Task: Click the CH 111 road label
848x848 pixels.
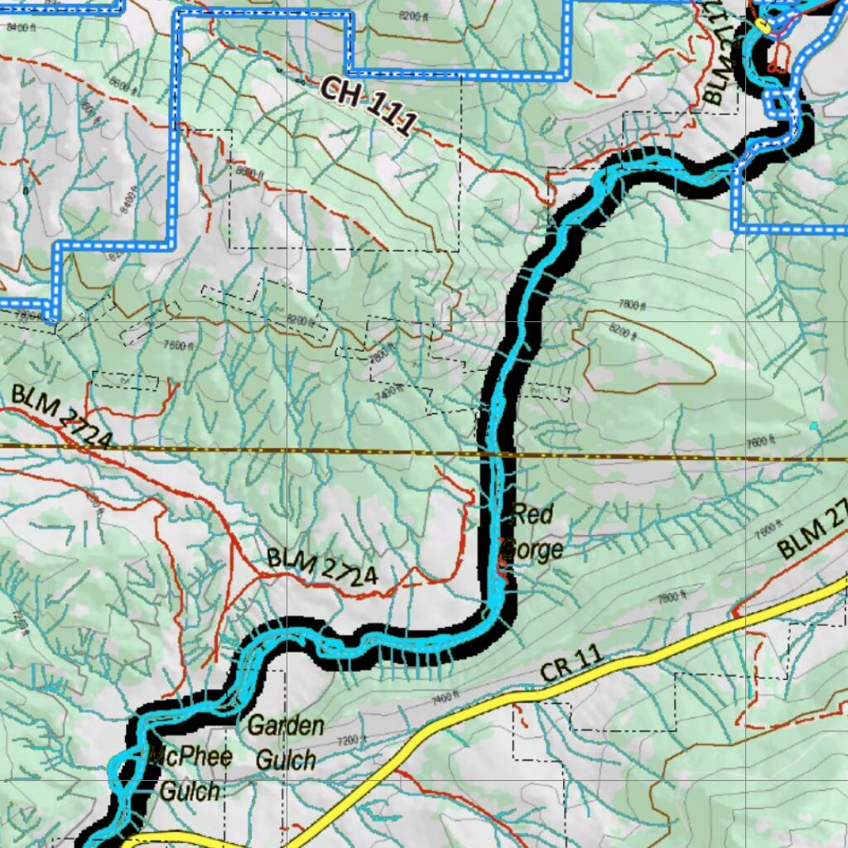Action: coord(365,104)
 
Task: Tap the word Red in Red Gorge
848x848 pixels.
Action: coord(532,514)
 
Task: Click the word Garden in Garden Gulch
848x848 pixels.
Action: coord(286,727)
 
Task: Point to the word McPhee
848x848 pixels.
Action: coord(191,756)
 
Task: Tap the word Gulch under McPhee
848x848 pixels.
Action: coord(190,792)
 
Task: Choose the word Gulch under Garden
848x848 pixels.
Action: coord(286,759)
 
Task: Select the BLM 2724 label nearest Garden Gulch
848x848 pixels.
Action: coord(322,568)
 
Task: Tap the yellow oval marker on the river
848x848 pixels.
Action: coord(763,26)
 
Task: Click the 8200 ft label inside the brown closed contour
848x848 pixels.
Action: coord(624,332)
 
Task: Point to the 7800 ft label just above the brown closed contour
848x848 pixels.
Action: coord(631,306)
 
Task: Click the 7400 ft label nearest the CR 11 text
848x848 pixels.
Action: coord(445,698)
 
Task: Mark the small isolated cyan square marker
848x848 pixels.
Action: coord(814,426)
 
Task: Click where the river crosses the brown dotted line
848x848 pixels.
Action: coord(499,454)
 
